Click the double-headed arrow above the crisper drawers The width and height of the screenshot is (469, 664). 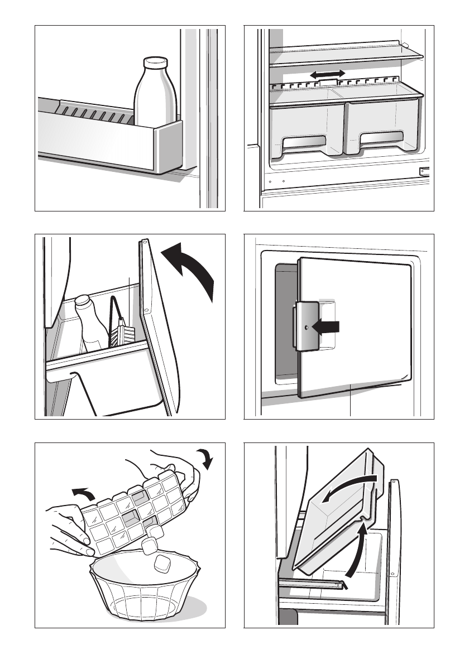(328, 74)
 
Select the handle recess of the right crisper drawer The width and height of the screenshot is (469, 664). (381, 140)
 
